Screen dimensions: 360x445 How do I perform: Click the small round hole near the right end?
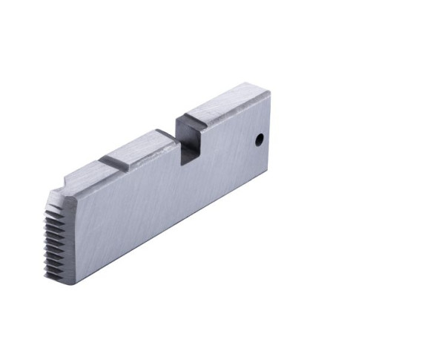(259, 139)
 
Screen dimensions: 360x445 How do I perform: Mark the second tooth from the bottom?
(51, 268)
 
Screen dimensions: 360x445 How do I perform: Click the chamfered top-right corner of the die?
(266, 92)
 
